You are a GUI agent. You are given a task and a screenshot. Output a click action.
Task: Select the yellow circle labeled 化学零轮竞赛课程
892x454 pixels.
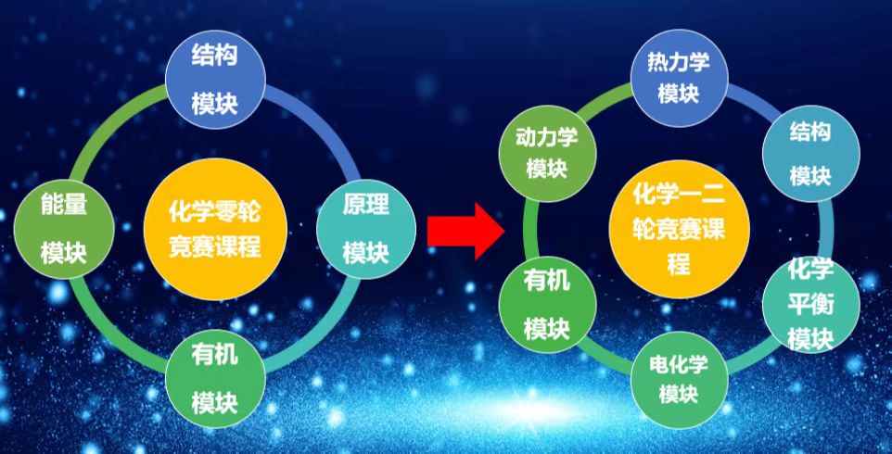click(x=215, y=229)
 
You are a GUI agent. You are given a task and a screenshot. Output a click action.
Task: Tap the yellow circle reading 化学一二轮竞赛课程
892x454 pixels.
click(x=680, y=229)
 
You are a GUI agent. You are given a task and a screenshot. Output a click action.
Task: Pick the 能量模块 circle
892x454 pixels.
click(x=64, y=229)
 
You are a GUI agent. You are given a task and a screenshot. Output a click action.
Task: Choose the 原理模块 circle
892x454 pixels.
click(x=365, y=229)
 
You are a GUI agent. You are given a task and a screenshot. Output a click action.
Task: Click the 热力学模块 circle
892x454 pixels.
click(x=680, y=79)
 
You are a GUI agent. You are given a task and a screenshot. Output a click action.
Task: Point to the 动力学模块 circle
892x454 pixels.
click(x=547, y=154)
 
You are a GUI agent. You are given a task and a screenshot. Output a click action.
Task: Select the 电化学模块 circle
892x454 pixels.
click(x=680, y=380)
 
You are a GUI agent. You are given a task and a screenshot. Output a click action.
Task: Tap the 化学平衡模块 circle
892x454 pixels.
click(x=810, y=304)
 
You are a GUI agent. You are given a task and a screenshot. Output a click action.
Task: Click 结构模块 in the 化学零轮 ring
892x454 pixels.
click(x=215, y=80)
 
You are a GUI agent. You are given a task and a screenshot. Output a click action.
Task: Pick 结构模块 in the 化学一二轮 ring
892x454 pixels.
click(x=810, y=154)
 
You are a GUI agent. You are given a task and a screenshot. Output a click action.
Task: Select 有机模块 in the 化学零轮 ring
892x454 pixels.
click(x=215, y=380)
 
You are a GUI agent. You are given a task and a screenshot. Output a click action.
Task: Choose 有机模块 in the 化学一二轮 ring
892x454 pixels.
click(x=547, y=304)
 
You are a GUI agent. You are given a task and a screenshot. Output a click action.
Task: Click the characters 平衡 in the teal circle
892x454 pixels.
click(x=810, y=305)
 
